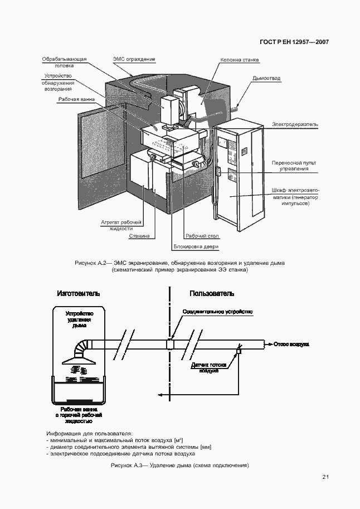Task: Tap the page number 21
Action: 326,477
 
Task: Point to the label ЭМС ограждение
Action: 134,59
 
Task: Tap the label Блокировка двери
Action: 196,246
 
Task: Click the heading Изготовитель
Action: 79,293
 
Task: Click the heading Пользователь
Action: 212,293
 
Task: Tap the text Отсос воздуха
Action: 291,344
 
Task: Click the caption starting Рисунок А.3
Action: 179,465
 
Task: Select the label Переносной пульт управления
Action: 294,165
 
